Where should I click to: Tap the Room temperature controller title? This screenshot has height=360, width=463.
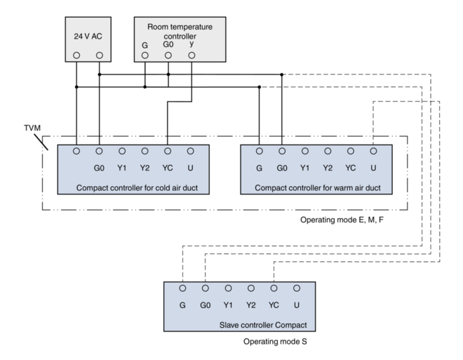tap(180, 31)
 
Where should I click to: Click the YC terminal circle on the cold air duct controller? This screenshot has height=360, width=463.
tap(168, 150)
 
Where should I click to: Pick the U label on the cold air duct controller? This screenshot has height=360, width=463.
tap(190, 168)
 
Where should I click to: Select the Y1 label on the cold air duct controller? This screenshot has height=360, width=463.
tap(122, 168)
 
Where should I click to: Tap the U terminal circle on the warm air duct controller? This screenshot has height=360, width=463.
tap(373, 150)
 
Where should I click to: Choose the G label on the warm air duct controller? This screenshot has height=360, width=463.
tap(259, 168)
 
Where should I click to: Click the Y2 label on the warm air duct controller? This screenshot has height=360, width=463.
tap(327, 168)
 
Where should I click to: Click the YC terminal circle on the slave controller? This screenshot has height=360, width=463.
tap(274, 288)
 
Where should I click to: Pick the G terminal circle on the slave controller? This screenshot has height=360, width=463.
tap(182, 288)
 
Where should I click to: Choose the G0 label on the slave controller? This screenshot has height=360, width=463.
tap(205, 306)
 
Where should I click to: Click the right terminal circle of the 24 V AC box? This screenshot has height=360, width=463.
tap(99, 55)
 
